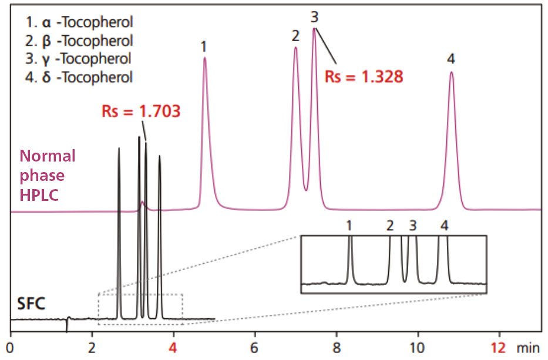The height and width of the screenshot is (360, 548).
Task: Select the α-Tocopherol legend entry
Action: pos(79,23)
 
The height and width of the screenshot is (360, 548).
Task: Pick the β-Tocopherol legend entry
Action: pos(79,41)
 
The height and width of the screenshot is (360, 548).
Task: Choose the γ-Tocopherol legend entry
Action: pos(79,59)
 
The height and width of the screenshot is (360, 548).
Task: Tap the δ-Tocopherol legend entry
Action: pos(79,76)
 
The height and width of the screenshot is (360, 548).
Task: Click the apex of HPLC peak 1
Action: pos(204,58)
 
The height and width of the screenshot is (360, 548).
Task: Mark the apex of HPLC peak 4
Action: pos(451,72)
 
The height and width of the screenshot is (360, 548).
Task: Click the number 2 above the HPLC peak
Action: pos(295,36)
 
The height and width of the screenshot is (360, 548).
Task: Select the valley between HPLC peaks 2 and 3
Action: pos(305,190)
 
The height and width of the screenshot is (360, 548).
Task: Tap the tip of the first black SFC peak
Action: pos(119,148)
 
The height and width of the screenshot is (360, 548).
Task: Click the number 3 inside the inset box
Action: pos(412,225)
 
